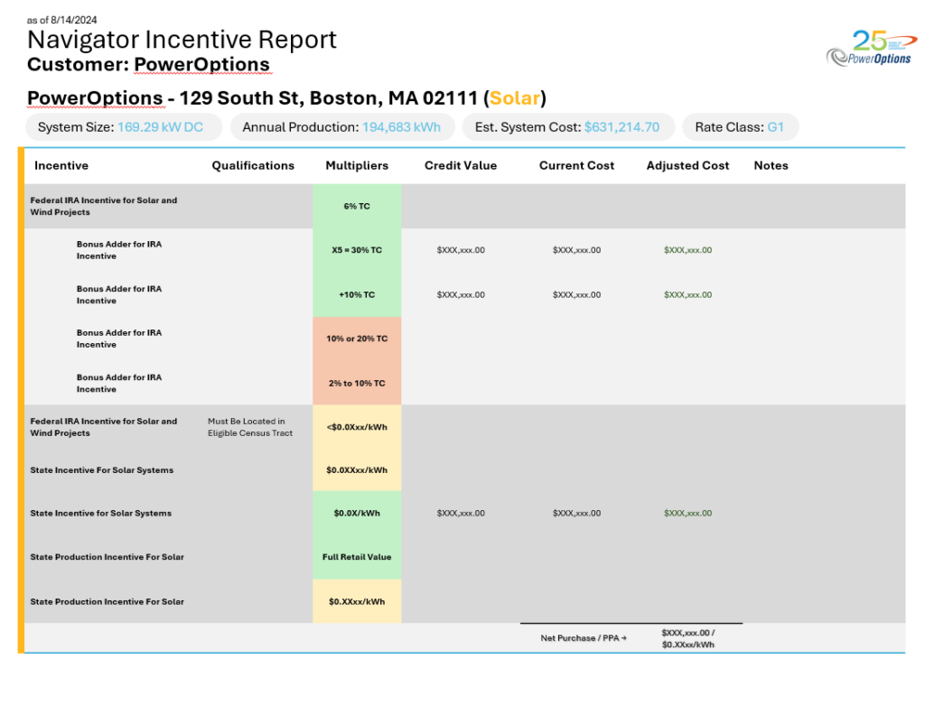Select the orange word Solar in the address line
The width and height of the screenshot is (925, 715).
click(515, 97)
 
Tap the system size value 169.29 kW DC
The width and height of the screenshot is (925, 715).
click(160, 127)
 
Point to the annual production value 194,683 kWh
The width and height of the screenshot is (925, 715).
click(401, 127)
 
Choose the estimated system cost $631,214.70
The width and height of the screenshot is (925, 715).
click(621, 127)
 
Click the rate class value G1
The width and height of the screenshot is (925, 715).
click(775, 127)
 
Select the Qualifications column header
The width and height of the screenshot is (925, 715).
click(253, 165)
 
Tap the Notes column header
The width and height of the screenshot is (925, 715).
click(771, 165)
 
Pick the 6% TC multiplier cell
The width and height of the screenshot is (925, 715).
click(357, 206)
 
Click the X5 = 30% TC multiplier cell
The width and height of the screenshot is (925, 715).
click(357, 250)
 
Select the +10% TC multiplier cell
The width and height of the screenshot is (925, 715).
click(357, 294)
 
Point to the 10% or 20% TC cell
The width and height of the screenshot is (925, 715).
click(357, 339)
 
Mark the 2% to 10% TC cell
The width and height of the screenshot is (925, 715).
click(357, 383)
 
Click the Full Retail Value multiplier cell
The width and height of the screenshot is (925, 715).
click(357, 557)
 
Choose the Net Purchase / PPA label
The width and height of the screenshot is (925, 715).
click(584, 638)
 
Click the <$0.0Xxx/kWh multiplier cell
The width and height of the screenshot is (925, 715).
click(357, 427)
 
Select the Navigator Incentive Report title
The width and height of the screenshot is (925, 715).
click(182, 40)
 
